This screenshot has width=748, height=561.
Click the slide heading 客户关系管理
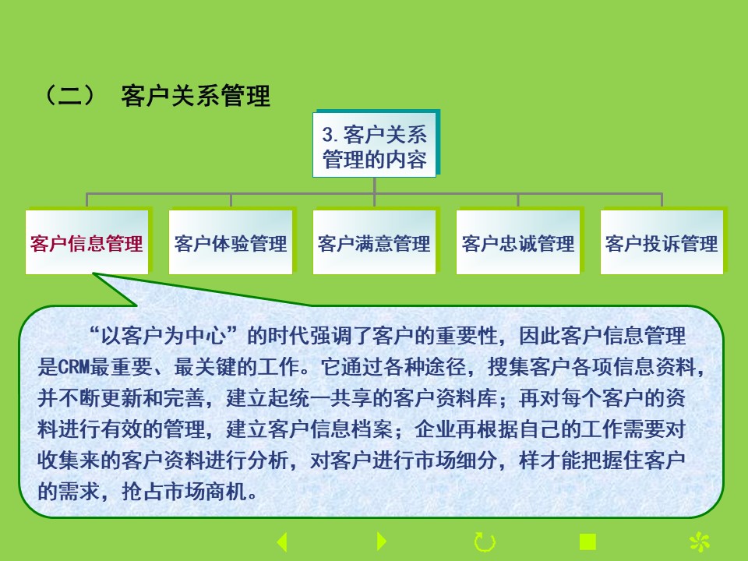[x=196, y=95]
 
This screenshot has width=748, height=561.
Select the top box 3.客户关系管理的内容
[x=375, y=145]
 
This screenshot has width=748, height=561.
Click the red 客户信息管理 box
[x=86, y=242]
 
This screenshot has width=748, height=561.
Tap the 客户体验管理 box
[x=231, y=242]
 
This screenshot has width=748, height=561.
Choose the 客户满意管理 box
[x=375, y=242]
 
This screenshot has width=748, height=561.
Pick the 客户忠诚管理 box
[x=518, y=242]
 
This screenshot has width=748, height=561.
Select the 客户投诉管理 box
[x=662, y=242]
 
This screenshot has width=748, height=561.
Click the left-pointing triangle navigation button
[x=282, y=542]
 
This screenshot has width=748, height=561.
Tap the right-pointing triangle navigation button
[x=382, y=542]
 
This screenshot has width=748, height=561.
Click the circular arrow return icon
[x=485, y=542]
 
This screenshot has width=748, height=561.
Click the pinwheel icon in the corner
[x=700, y=542]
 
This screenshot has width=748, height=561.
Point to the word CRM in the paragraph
[x=73, y=367]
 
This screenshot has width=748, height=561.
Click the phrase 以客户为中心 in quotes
[x=163, y=336]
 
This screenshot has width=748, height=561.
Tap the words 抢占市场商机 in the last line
[x=184, y=491]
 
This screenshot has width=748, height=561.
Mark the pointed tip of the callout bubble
[x=93, y=273]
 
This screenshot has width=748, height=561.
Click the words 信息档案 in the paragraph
[x=351, y=429]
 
